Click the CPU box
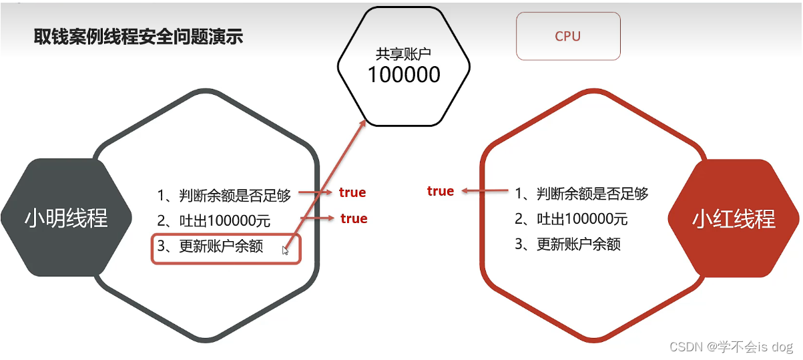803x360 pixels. click(568, 37)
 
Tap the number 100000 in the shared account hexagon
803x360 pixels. click(404, 74)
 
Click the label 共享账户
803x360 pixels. click(404, 54)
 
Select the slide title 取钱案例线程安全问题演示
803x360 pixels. click(138, 36)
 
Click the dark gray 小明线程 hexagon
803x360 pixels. click(66, 218)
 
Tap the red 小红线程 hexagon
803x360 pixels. click(734, 218)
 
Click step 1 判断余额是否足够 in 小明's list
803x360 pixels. click(224, 196)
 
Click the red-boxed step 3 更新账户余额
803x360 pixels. click(210, 246)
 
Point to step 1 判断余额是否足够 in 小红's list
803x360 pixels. click(581, 194)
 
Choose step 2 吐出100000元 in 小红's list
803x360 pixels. click(571, 219)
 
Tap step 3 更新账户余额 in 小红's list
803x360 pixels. click(567, 244)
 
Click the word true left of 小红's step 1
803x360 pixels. click(441, 191)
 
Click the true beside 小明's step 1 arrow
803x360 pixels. click(352, 193)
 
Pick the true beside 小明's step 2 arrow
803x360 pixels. click(354, 218)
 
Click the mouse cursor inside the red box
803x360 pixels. click(285, 250)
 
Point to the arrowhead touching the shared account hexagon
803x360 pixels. click(363, 124)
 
